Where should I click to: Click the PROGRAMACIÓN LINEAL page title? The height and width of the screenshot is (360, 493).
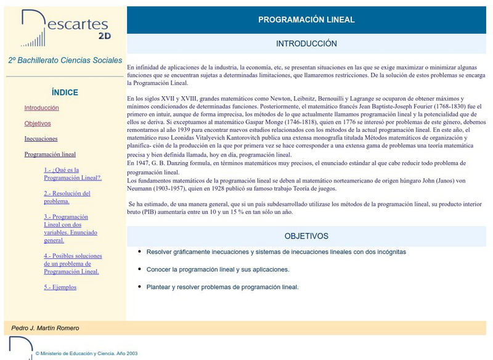pyautogui.click(x=306, y=20)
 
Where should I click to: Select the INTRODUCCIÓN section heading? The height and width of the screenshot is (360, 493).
pyautogui.click(x=306, y=44)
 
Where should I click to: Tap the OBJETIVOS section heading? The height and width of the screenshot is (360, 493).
pyautogui.click(x=306, y=236)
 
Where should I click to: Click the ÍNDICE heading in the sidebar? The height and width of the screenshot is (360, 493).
pyautogui.click(x=65, y=92)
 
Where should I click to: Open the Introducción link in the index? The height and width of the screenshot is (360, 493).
pyautogui.click(x=42, y=108)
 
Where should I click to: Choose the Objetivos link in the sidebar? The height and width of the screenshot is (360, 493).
pyautogui.click(x=38, y=123)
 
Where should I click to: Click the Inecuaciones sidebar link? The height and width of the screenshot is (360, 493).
pyautogui.click(x=41, y=139)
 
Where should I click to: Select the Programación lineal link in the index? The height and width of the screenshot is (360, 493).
pyautogui.click(x=50, y=155)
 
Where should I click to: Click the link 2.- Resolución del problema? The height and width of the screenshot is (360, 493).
pyautogui.click(x=67, y=197)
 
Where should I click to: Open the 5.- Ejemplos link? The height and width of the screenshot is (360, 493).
pyautogui.click(x=60, y=287)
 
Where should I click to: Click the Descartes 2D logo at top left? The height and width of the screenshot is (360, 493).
pyautogui.click(x=65, y=28)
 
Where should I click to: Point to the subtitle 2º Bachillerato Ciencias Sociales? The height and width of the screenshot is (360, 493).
pyautogui.click(x=65, y=60)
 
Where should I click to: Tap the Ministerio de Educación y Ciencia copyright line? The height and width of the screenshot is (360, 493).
pyautogui.click(x=86, y=354)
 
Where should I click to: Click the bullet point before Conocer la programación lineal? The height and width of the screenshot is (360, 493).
pyautogui.click(x=140, y=269)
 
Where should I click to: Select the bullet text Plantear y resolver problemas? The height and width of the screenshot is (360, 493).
pyautogui.click(x=222, y=287)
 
